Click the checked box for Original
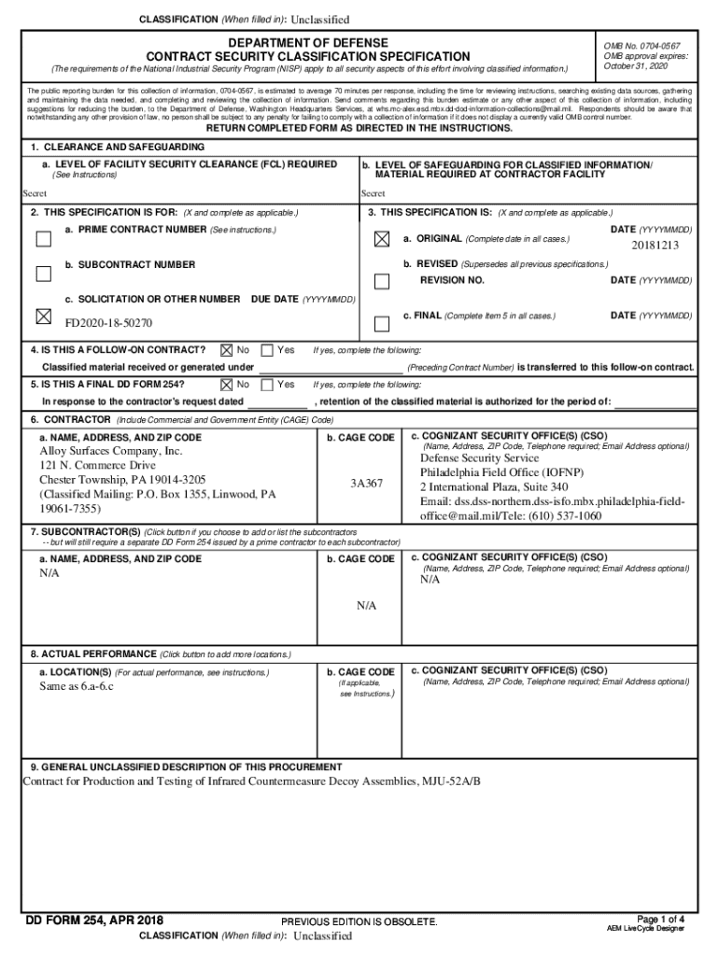(381, 239)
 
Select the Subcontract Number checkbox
(43, 274)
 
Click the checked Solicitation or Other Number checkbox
(43, 316)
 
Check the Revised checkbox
(381, 281)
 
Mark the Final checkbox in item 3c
(381, 324)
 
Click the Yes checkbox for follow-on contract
(267, 350)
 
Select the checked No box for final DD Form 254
(226, 384)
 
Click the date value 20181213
(655, 246)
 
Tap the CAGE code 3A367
(366, 484)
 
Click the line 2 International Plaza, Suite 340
(493, 487)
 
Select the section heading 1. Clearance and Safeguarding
(118, 148)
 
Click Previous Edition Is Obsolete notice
(359, 922)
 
